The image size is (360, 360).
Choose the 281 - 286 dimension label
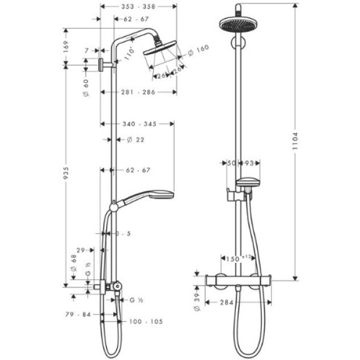coord(138,92)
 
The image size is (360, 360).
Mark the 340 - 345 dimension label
coord(138,124)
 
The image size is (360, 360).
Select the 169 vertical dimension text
coord(67,44)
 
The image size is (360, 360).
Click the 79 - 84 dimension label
coord(79,313)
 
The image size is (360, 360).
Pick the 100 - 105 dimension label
coord(146,322)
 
